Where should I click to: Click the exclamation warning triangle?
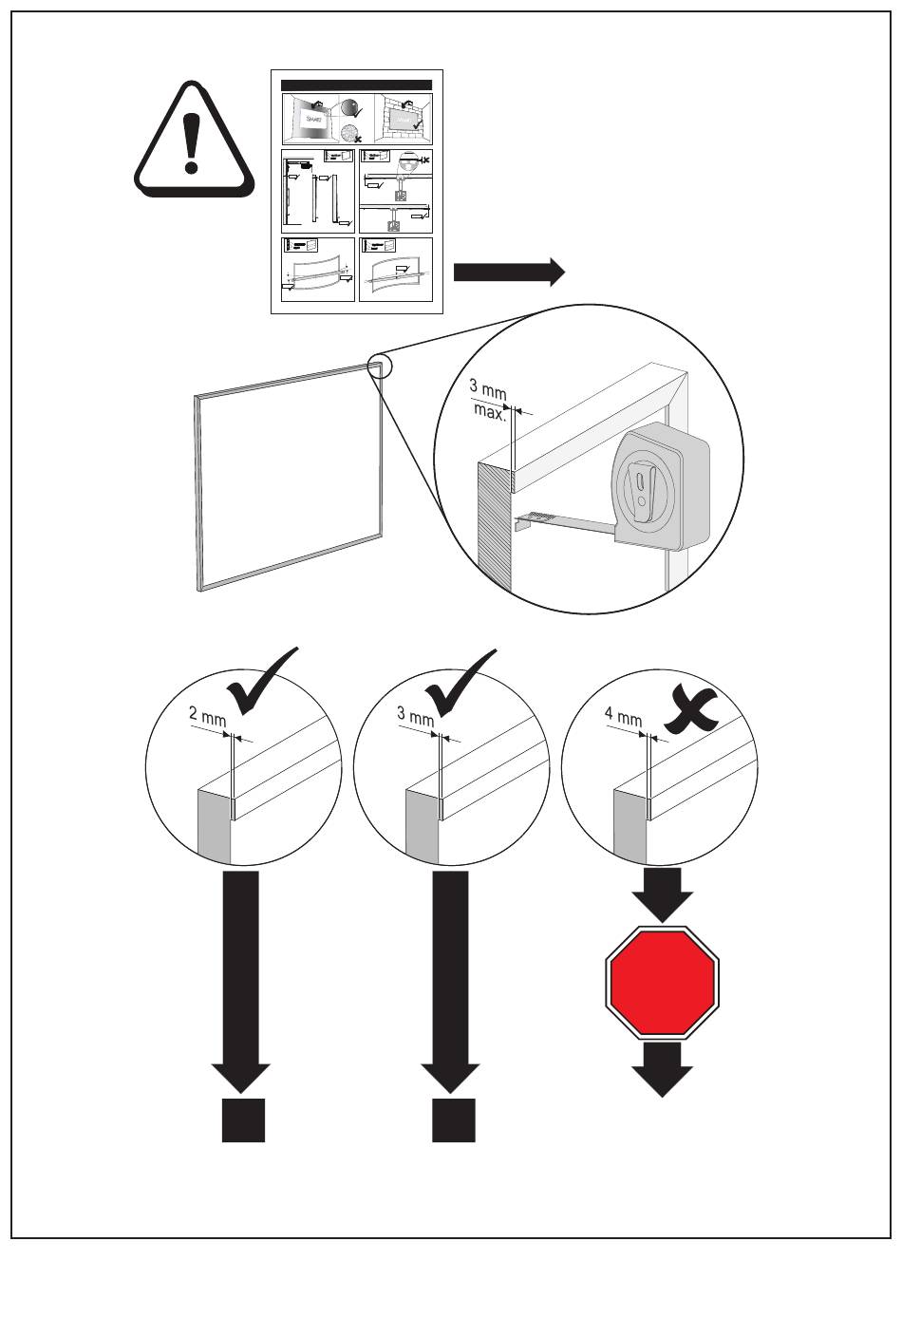tap(194, 140)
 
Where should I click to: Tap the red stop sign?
tap(663, 982)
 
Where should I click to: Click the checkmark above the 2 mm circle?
tap(260, 683)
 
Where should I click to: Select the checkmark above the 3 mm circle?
tap(461, 683)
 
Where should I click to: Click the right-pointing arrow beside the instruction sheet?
tap(509, 273)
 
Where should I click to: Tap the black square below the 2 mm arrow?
tap(243, 1120)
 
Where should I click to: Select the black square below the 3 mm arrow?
tap(454, 1120)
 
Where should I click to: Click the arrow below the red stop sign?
tap(663, 1068)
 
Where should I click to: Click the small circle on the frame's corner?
tap(379, 366)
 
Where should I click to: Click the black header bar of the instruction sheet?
tap(357, 85)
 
